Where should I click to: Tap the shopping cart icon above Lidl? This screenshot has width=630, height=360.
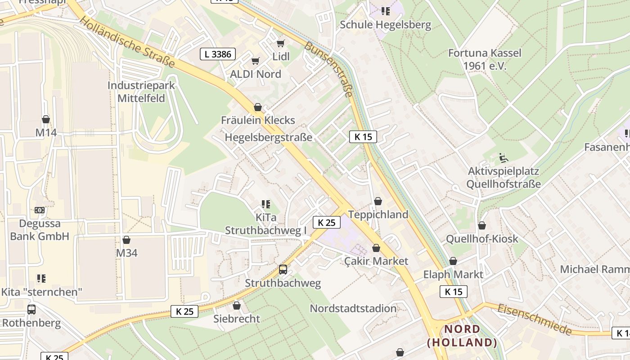click(x=281, y=43)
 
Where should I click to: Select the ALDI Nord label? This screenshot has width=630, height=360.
click(x=256, y=74)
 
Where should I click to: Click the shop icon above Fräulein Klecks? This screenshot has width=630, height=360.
click(x=258, y=107)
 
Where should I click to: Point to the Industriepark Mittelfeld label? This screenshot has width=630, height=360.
click(x=141, y=92)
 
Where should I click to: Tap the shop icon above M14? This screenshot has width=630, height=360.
click(x=46, y=119)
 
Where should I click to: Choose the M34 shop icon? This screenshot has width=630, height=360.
click(x=126, y=240)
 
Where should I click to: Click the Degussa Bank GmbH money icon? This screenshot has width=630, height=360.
click(x=40, y=210)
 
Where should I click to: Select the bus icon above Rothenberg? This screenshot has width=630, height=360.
click(x=31, y=310)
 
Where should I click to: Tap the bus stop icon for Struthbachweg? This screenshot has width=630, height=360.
click(x=283, y=270)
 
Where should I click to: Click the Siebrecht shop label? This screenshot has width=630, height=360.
click(x=237, y=319)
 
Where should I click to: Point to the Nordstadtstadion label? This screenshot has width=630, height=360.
click(x=353, y=309)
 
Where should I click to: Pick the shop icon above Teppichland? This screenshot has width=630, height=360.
click(x=378, y=201)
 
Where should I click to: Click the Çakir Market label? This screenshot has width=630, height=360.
click(x=376, y=261)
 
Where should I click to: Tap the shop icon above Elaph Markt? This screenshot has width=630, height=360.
click(x=453, y=261)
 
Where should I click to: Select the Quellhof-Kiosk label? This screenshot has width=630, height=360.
click(x=482, y=239)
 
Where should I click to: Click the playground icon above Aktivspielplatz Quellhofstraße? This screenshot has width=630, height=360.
click(x=503, y=158)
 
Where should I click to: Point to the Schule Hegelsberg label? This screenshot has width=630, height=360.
click(x=385, y=25)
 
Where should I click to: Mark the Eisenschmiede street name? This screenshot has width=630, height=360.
click(x=535, y=319)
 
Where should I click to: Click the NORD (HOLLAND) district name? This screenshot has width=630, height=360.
click(x=462, y=336)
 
